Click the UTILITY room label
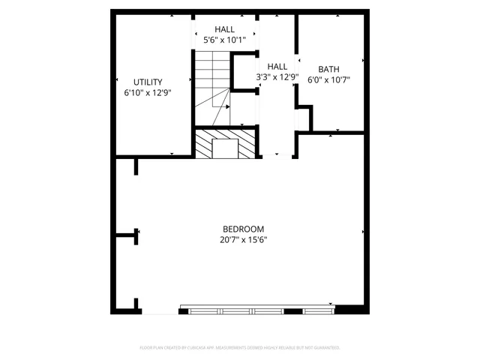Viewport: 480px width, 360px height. coord(148,82)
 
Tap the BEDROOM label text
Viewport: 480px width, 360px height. coord(243,229)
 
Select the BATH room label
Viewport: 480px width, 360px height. coord(328,68)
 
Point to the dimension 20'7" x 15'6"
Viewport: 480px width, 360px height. coord(244,241)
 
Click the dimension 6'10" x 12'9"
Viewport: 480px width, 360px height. coord(148,93)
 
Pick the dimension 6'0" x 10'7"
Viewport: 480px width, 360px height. coord(329,79)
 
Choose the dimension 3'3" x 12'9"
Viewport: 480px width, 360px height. coord(277,76)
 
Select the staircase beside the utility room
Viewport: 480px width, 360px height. coord(212,86)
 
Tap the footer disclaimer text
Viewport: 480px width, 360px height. coord(240,347)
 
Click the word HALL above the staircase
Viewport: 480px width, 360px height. coord(224,29)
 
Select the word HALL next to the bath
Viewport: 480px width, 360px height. coord(277,66)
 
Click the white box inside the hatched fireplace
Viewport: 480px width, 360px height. coord(225,148)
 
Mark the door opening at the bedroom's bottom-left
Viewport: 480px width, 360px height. coord(160,311)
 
